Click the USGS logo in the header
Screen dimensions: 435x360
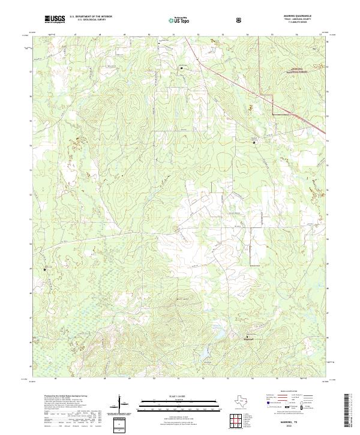(x=55, y=19)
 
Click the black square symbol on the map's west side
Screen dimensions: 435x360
(x=44, y=269)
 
